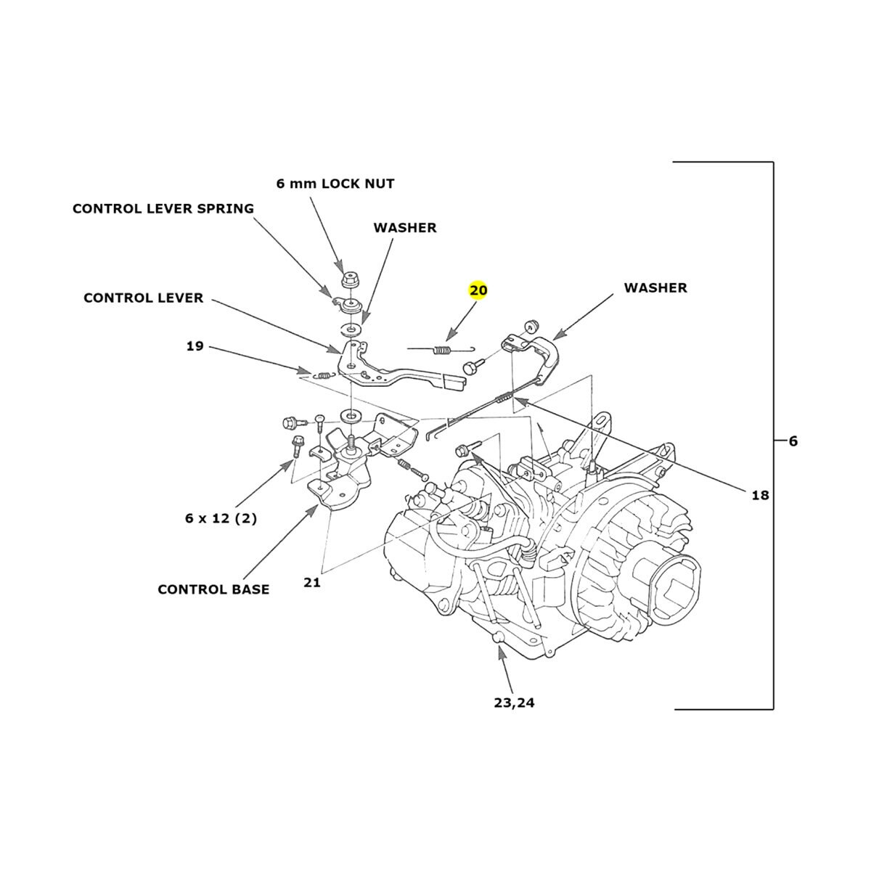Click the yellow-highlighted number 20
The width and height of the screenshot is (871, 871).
click(478, 290)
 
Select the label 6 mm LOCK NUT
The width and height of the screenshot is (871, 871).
click(335, 184)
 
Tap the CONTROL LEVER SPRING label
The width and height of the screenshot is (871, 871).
click(163, 209)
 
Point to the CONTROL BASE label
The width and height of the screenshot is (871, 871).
click(213, 589)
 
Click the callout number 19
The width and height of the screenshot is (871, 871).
click(195, 346)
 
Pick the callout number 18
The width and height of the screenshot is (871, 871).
click(760, 495)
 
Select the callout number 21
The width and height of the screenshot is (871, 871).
click(312, 582)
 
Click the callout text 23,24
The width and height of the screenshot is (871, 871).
click(515, 703)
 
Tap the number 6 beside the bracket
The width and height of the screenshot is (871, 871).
click(793, 441)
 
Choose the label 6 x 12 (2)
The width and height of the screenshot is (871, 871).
click(221, 519)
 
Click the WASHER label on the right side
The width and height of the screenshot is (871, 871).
click(655, 288)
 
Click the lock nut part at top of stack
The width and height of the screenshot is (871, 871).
click(351, 279)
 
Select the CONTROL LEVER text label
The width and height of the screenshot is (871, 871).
click(144, 298)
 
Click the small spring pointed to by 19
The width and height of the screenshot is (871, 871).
click(324, 375)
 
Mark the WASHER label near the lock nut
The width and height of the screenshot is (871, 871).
click(405, 228)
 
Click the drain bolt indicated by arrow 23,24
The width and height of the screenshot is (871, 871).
click(498, 638)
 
